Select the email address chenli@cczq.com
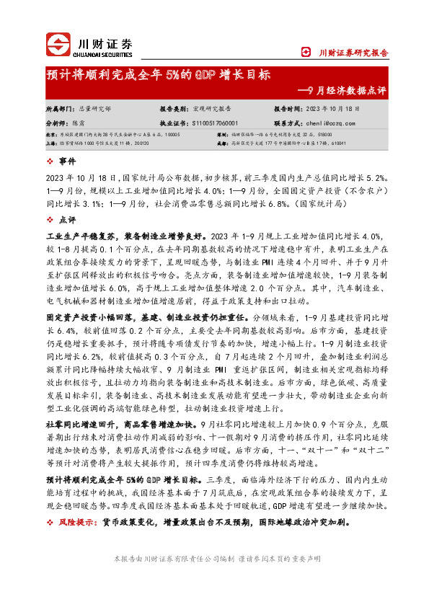click(x=324, y=124)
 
